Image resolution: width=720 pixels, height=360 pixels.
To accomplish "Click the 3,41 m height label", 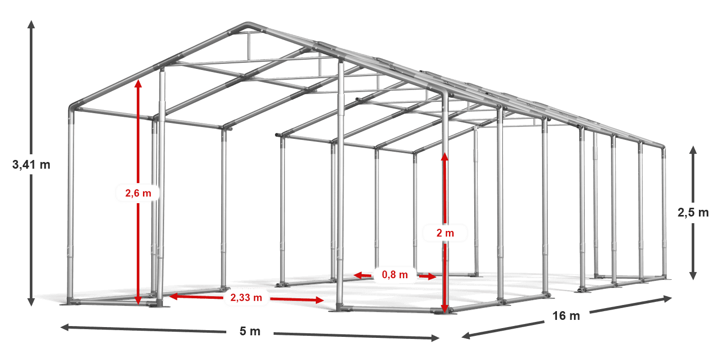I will (31, 165).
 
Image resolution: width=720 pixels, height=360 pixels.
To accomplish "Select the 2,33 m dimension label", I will (246, 297).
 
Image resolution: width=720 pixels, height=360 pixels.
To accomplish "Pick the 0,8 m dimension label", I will (395, 275).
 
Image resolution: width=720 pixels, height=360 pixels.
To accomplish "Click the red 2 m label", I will (445, 233).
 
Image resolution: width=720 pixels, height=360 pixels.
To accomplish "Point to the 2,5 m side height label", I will (693, 212).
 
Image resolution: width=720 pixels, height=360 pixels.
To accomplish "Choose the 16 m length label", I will (566, 316).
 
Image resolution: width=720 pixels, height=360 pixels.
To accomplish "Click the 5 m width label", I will (250, 331).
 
